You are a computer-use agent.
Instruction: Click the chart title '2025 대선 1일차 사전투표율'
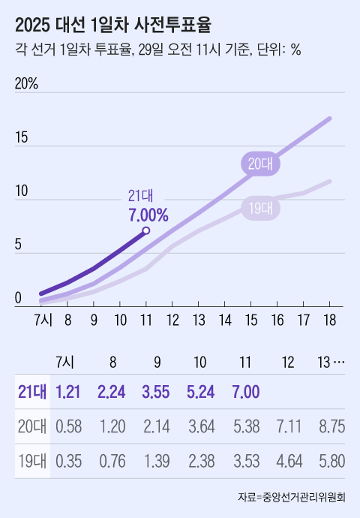pyautogui.click(x=113, y=25)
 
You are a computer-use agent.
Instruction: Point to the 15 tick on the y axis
pyautogui.click(x=22, y=138)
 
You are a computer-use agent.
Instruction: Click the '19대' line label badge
pyautogui.click(x=260, y=209)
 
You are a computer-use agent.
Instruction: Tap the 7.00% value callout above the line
pyautogui.click(x=148, y=215)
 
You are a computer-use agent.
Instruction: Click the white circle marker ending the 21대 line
pyautogui.click(x=146, y=231)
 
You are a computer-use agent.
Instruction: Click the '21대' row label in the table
pyautogui.click(x=32, y=391)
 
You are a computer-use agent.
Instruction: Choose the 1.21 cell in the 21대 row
pyautogui.click(x=68, y=391)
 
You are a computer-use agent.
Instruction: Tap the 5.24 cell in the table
pyautogui.click(x=200, y=391)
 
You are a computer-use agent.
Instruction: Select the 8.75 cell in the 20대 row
pyautogui.click(x=331, y=426)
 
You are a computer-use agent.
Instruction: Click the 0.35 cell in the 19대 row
pyautogui.click(x=68, y=460)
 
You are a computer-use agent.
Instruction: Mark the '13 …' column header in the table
pyautogui.click(x=331, y=361)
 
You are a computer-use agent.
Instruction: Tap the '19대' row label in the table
pyautogui.click(x=32, y=460)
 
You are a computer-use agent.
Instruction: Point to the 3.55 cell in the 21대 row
pyautogui.click(x=156, y=391)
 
